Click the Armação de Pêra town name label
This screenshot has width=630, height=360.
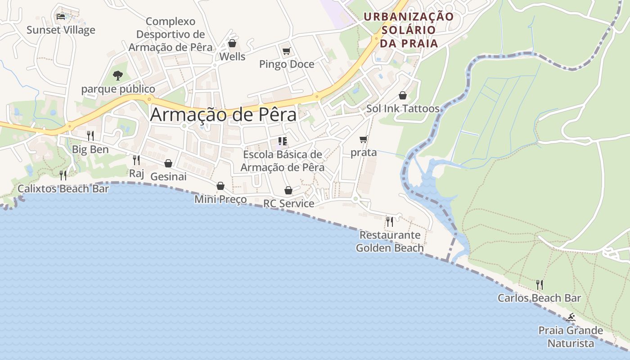tap(223, 115)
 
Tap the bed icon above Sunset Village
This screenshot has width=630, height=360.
tap(61, 17)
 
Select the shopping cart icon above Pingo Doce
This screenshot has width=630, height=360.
tap(286, 51)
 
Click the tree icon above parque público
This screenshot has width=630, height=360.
tap(118, 75)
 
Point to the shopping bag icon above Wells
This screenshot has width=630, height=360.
tap(232, 43)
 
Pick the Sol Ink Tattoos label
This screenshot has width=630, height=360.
tap(403, 108)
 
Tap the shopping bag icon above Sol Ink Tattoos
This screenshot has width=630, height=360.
tap(403, 95)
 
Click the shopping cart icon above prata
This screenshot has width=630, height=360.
tap(363, 139)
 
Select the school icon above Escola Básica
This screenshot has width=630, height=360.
tap(283, 141)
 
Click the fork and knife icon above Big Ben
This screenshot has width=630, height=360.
tap(90, 135)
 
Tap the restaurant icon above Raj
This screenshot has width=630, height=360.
tap(136, 160)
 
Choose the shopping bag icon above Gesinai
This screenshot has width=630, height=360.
tap(168, 163)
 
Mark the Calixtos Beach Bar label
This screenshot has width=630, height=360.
tap(63, 189)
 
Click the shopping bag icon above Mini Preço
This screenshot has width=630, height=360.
tap(220, 186)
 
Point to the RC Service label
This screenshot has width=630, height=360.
tap(288, 203)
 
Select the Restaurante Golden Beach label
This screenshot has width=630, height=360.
tap(390, 241)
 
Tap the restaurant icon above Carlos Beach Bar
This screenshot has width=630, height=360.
tap(539, 284)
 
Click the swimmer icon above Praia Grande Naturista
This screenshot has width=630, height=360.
tap(571, 318)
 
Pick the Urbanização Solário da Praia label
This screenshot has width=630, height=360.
tap(409, 30)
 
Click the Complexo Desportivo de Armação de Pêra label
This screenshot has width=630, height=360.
tap(171, 34)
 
